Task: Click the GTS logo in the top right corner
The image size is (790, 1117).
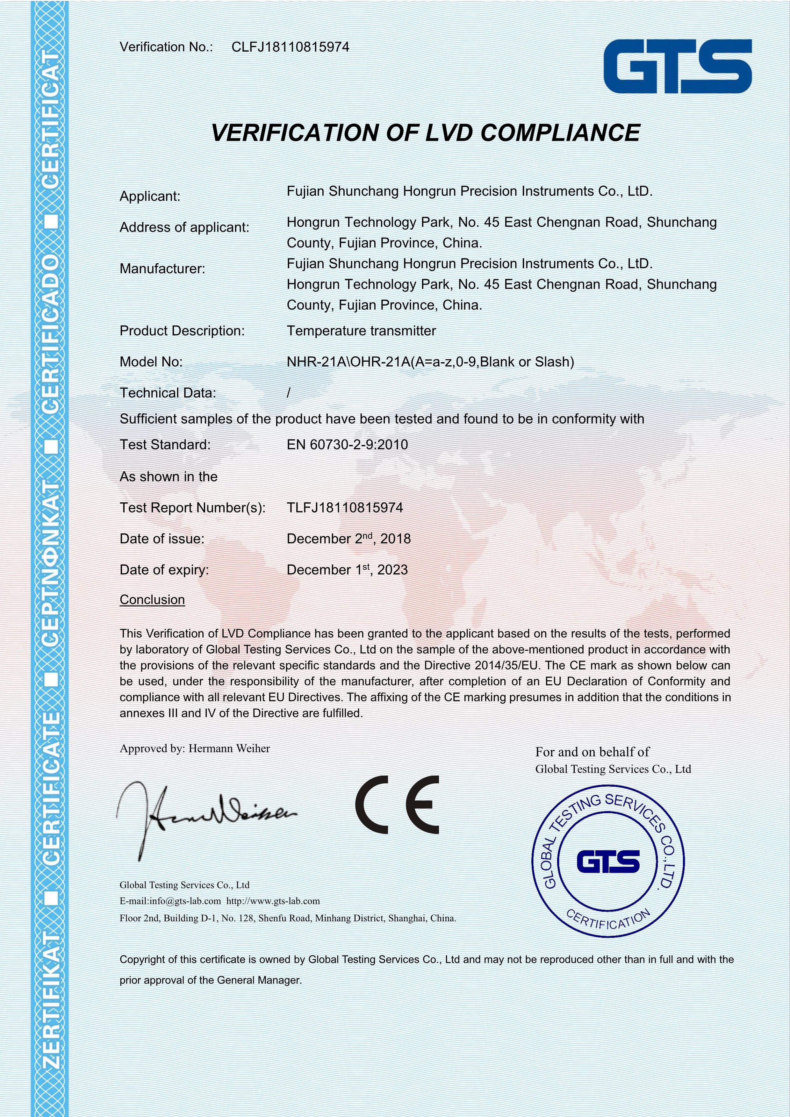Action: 677,66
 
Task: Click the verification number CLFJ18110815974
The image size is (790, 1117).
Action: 291,47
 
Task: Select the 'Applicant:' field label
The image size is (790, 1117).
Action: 150,197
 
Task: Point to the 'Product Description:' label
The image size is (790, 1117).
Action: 182,331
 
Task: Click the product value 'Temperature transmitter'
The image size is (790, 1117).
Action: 361,331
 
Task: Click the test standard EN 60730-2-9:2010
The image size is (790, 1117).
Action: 347,445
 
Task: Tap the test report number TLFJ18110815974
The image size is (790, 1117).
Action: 345,508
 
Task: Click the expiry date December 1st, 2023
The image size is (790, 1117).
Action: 347,570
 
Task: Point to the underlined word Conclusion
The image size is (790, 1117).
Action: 152,600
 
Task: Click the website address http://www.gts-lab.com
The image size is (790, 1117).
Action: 273,901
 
